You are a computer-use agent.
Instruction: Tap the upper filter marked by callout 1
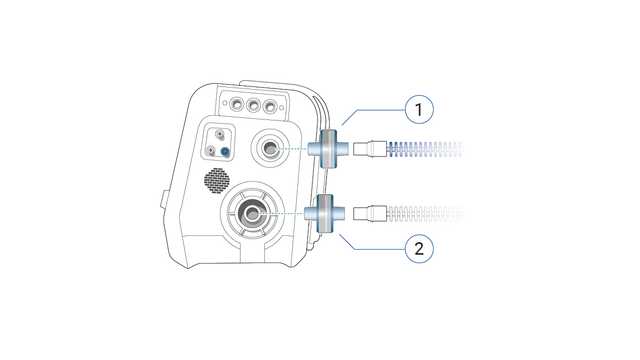(x=327, y=149)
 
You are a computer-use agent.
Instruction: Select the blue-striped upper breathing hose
(x=420, y=150)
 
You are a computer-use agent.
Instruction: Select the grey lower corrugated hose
(x=420, y=213)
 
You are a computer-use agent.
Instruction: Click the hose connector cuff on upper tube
(x=373, y=150)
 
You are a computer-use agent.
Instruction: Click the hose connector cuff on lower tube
(x=373, y=213)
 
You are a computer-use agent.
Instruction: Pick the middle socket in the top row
(x=255, y=104)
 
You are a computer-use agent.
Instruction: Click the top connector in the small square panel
(x=219, y=135)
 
